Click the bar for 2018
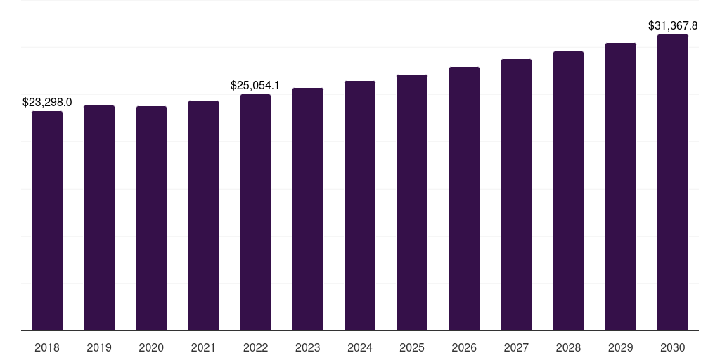pyautogui.click(x=47, y=221)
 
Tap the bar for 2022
pyautogui.click(x=255, y=212)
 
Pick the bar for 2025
pyautogui.click(x=412, y=202)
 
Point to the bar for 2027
pyautogui.click(x=516, y=195)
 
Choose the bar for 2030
pyautogui.click(x=673, y=182)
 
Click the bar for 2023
pyautogui.click(x=308, y=209)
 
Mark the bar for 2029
pyautogui.click(x=621, y=186)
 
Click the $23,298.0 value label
pyautogui.click(x=47, y=102)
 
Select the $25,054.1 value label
pyautogui.click(x=255, y=85)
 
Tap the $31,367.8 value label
pyautogui.click(x=673, y=25)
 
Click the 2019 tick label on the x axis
pyautogui.click(x=99, y=347)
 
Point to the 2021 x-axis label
pyautogui.click(x=203, y=347)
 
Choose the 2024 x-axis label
pyautogui.click(x=360, y=347)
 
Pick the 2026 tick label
pyautogui.click(x=464, y=347)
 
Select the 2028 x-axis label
pyautogui.click(x=568, y=347)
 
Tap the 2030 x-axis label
pyautogui.click(x=673, y=347)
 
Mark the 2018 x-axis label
pyautogui.click(x=47, y=347)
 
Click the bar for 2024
pyautogui.click(x=360, y=205)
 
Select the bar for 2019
pyautogui.click(x=99, y=218)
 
